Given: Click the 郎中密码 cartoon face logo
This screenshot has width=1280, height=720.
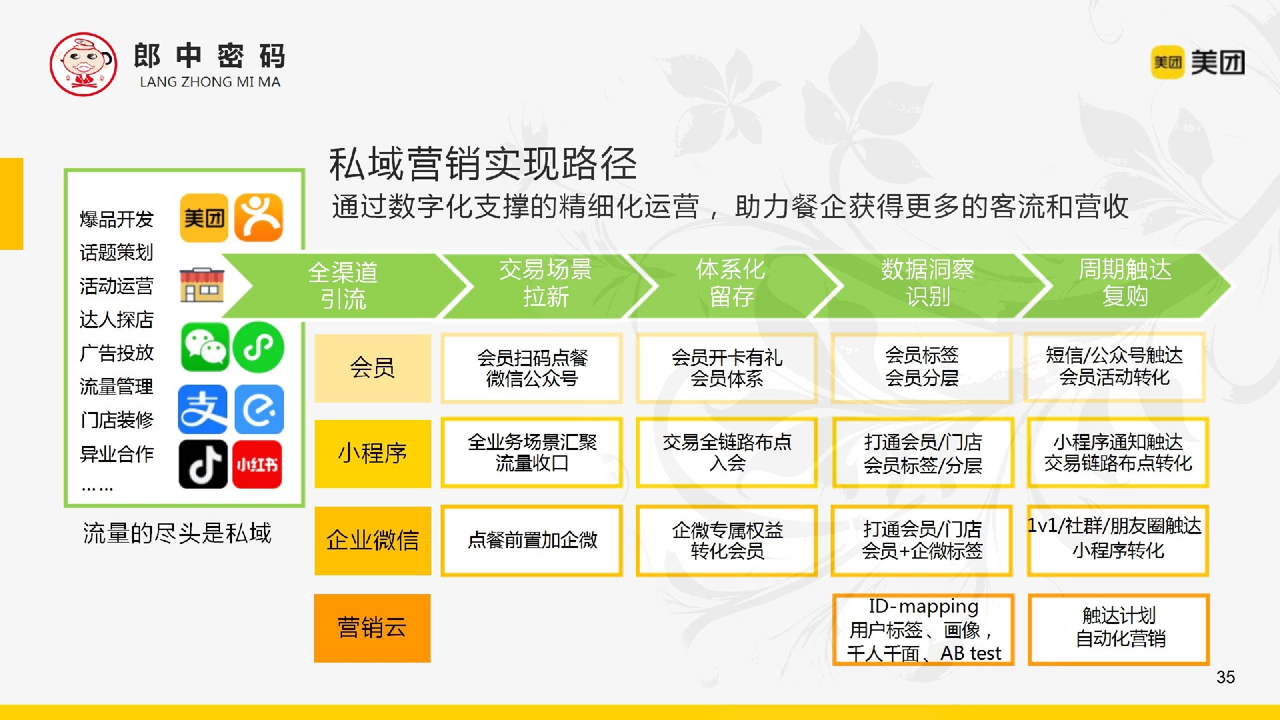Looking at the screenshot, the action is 83,64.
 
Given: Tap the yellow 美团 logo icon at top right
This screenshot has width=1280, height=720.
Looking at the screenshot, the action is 1167,63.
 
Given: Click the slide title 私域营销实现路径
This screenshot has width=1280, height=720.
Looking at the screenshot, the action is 483,164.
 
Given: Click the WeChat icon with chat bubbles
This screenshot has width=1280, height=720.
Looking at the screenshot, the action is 205,347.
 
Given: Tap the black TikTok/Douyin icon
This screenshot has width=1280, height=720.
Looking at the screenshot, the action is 203,464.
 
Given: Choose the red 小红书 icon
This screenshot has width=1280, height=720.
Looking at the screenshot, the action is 257,464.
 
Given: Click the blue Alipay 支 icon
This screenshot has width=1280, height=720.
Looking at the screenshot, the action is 203,409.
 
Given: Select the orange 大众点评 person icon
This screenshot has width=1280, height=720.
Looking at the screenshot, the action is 259,217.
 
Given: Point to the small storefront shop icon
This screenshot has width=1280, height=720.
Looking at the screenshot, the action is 201,285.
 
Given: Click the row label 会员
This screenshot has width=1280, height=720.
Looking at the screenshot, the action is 373,368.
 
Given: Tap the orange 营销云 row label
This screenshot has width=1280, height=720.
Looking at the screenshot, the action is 373,628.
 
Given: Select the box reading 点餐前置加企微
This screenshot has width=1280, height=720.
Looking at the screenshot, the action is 532,540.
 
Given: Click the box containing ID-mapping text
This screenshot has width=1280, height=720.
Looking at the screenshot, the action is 923,630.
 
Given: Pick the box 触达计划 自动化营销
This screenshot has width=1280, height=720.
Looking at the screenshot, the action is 1119,629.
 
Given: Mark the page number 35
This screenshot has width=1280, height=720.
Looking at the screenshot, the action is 1225,677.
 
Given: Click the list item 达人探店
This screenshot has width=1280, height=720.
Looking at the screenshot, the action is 117,320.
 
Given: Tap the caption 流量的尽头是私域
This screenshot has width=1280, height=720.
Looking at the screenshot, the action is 177,533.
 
